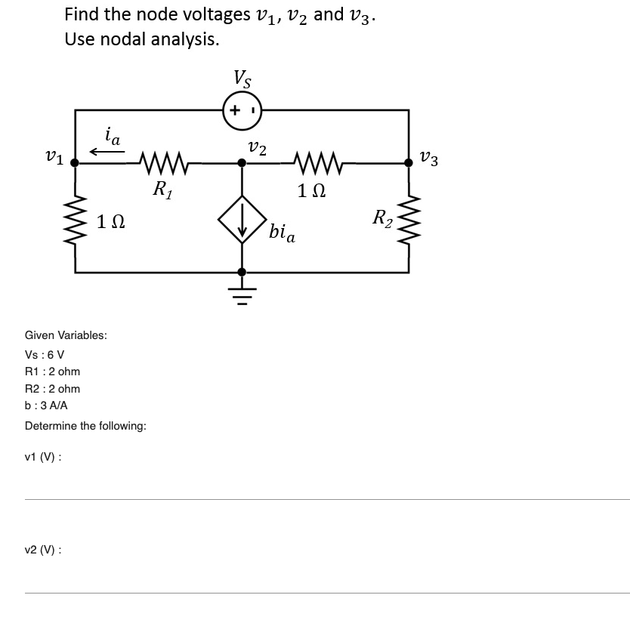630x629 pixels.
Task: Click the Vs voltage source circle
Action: [242, 109]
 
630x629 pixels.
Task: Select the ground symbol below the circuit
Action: [241, 290]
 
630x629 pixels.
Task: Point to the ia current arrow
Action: [107, 151]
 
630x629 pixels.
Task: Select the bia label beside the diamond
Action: [282, 232]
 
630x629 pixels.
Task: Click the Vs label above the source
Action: [242, 78]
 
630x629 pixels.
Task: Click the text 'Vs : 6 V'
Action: [45, 354]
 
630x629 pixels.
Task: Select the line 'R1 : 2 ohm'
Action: [52, 372]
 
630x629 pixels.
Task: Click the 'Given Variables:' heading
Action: [66, 335]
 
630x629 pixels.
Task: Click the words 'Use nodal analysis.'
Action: [142, 39]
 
